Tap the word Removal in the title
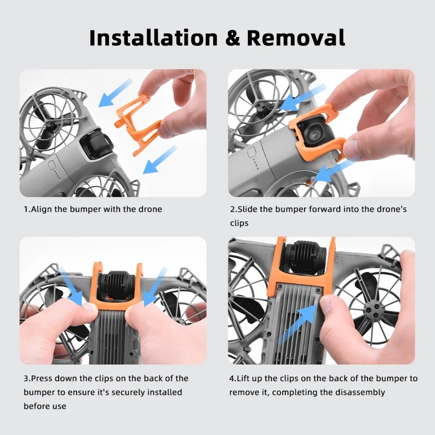pos(296,38)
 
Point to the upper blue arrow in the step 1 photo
pos(116,93)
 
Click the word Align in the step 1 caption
pos(46,209)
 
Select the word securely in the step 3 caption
pos(119,392)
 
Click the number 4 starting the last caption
pos(232,378)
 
